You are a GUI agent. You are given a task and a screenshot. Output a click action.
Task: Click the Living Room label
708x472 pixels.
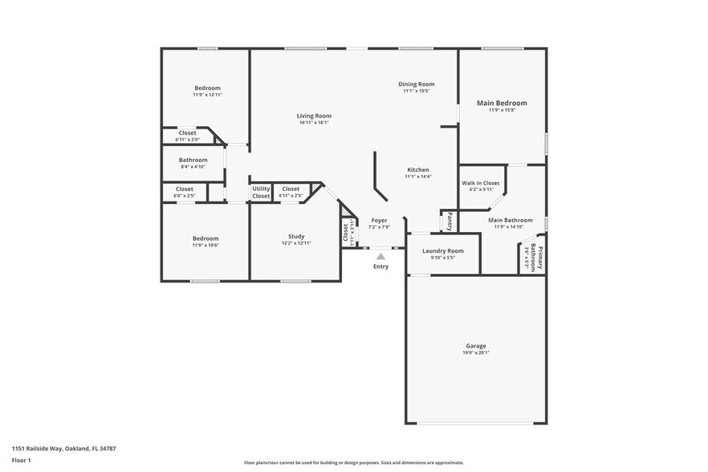314,116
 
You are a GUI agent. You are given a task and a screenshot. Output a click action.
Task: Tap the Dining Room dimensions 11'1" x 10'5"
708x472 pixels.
417,91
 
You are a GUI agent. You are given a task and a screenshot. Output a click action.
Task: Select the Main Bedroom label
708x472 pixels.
502,103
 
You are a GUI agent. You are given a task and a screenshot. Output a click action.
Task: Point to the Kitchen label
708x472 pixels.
417,169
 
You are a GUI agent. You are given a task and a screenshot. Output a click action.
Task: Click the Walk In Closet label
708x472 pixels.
480,182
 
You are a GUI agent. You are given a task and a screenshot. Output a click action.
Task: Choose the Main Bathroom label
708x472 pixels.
511,220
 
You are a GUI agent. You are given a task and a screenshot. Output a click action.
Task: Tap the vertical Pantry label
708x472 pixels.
450,221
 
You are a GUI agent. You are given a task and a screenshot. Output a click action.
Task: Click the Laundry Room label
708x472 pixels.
443,250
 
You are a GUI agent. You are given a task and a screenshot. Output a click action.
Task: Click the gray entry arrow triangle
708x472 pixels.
380,256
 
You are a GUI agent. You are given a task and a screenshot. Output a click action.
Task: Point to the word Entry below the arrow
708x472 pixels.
380,267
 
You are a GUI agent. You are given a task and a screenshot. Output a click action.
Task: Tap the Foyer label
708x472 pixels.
378,220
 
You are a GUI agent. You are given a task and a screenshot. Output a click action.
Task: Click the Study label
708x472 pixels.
296,236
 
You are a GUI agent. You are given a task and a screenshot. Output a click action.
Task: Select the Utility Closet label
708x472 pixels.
261,192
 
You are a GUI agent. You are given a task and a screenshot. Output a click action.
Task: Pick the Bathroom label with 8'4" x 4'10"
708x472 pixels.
193,160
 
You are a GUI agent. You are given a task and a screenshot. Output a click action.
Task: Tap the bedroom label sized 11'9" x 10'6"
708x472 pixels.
205,238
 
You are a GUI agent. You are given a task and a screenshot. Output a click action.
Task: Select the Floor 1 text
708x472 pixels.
21,460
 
